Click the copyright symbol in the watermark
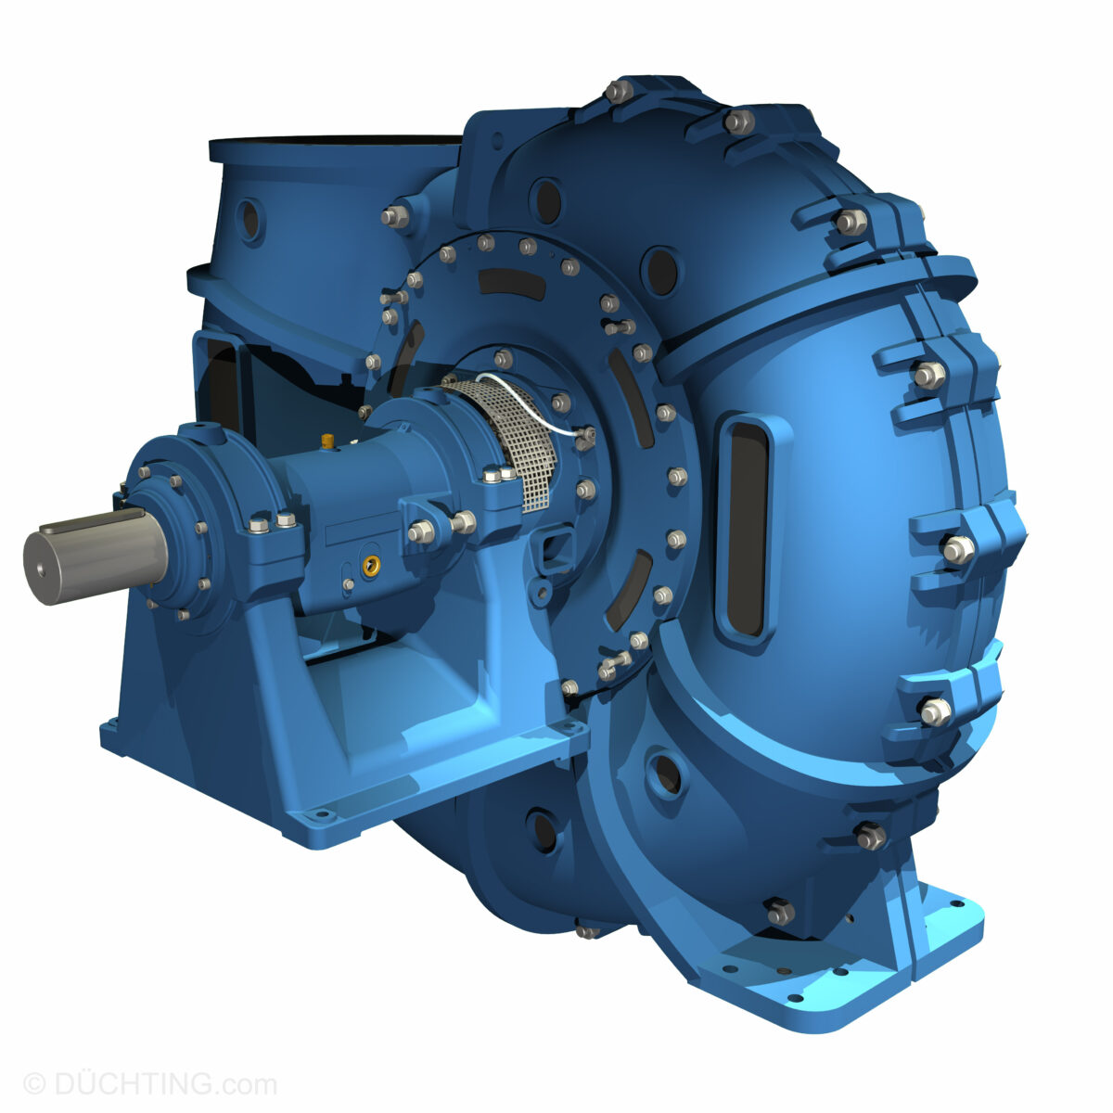(x=33, y=1083)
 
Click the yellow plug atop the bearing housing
(x=327, y=438)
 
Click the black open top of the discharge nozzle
(x=334, y=140)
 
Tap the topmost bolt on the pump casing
(x=618, y=90)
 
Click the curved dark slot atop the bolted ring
(x=511, y=283)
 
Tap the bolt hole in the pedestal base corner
(x=321, y=815)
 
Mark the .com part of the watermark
(x=248, y=1083)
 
